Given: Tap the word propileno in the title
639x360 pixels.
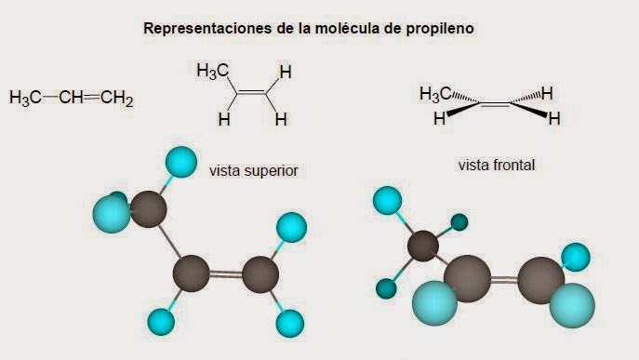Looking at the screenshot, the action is coord(443,29).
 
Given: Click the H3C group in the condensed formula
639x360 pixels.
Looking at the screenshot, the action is coord(25,99).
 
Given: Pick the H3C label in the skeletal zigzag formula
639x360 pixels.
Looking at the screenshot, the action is coord(212,72).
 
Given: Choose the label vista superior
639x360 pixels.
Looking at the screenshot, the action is coord(254,170).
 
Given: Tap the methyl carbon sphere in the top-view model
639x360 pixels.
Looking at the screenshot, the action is coord(148,208).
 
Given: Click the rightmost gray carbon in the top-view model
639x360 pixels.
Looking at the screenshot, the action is coord(260,274).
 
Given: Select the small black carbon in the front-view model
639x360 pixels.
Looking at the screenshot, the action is coord(424,247).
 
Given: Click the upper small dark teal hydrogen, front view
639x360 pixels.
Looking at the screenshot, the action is coord(458,222).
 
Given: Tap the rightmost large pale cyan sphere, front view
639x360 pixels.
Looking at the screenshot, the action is coord(570,305).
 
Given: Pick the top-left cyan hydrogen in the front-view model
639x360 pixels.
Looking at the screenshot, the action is coord(387,200).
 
